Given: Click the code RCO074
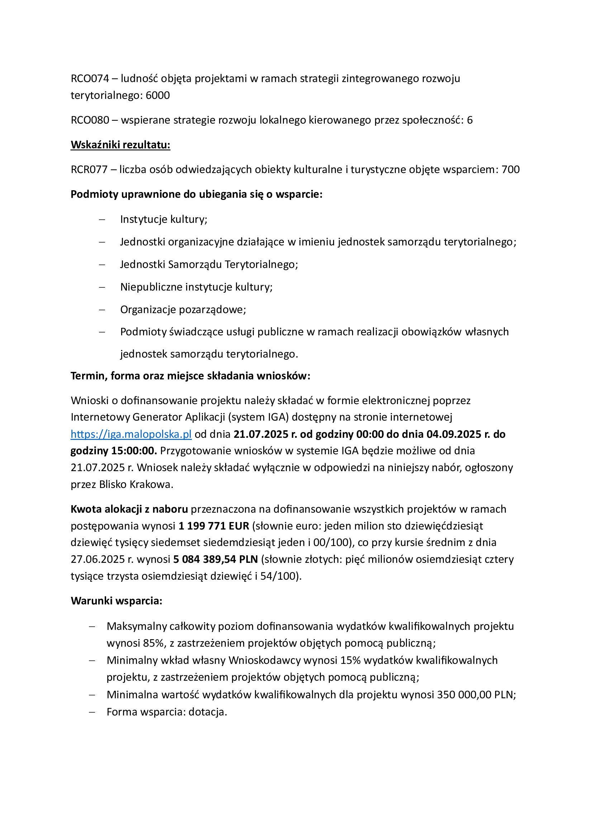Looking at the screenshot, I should pyautogui.click(x=90, y=78).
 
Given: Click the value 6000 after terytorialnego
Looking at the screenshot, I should pyautogui.click(x=158, y=95).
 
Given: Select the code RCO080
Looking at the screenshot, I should pyautogui.click(x=90, y=120).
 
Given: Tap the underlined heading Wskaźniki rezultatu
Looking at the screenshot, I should pyautogui.click(x=120, y=145).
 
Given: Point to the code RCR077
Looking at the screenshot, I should pyautogui.click(x=89, y=169).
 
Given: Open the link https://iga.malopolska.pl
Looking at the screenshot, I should pyautogui.click(x=131, y=434).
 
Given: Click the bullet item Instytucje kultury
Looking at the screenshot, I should pyautogui.click(x=163, y=219).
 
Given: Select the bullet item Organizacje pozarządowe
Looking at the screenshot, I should pyautogui.click(x=183, y=310).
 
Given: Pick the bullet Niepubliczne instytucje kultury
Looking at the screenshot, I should pyautogui.click(x=196, y=287).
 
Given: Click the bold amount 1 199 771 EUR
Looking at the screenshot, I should pyautogui.click(x=214, y=526).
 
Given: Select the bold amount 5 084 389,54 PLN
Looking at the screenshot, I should pyautogui.click(x=215, y=559).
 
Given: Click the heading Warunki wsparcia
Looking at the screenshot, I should pyautogui.click(x=117, y=601).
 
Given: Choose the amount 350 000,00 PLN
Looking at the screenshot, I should pyautogui.click(x=475, y=695).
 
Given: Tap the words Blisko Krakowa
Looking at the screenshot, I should pyautogui.click(x=135, y=484).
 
